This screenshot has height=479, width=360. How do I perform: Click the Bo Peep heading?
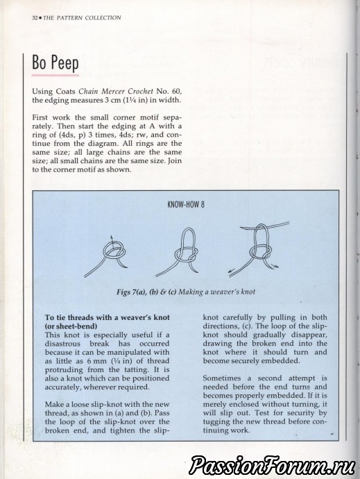[x=55, y=62]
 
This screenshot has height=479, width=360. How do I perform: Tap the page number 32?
[x=35, y=18]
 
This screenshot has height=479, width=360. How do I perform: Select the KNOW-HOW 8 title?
[x=186, y=205]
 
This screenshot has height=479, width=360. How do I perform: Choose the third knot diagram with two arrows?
[x=258, y=249]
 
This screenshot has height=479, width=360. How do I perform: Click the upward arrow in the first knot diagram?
[x=112, y=243]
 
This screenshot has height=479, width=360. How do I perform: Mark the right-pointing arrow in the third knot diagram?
[x=275, y=265]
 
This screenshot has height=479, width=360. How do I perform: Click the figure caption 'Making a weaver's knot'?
[x=217, y=292]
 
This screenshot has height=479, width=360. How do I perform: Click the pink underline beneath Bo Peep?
[x=55, y=74]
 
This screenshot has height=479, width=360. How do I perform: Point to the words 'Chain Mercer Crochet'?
[x=116, y=92]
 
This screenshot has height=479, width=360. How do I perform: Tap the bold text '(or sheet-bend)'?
[x=71, y=326]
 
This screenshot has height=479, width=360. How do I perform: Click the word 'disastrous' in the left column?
[x=62, y=344]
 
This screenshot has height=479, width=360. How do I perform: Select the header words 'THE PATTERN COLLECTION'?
[x=82, y=18]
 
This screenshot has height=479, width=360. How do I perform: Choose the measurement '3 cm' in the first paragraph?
[x=105, y=100]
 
